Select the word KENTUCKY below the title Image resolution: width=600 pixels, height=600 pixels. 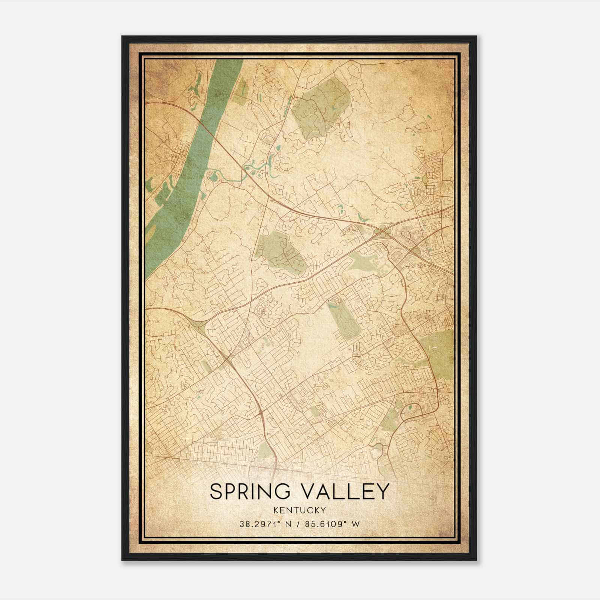click(300, 510)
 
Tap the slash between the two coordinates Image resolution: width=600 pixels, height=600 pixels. click(299, 524)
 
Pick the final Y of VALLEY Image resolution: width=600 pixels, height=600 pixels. click(381, 492)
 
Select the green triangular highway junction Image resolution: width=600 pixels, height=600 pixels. click(198, 325)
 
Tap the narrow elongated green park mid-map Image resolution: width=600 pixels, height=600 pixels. click(343, 319)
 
